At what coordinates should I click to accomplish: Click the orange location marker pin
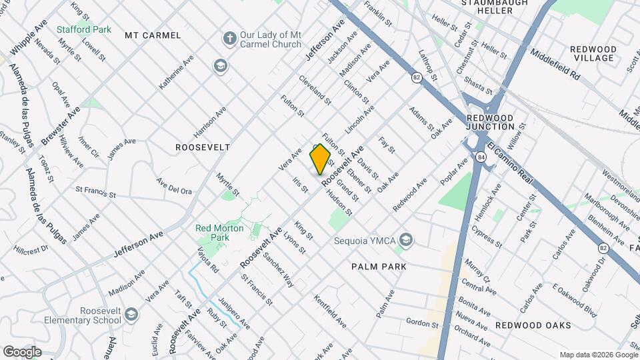[x=321, y=159]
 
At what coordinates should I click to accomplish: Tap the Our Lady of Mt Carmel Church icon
[x=230, y=38]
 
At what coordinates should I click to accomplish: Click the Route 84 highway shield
[x=481, y=157]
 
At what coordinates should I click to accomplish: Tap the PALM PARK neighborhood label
[x=379, y=267]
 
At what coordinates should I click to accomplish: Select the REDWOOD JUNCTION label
[x=490, y=122]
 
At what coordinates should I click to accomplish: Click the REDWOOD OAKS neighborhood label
[x=533, y=325]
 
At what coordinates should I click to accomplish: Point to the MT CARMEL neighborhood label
[x=153, y=35]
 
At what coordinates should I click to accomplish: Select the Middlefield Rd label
[x=556, y=63]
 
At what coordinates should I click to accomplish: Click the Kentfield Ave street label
[x=330, y=312]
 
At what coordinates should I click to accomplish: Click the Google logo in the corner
[x=22, y=351]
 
